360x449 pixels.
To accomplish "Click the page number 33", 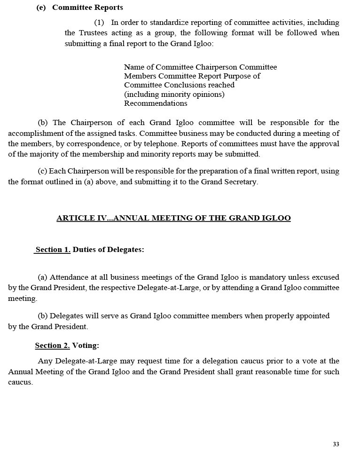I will click(336, 444).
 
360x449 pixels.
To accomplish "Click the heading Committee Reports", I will click(87, 8).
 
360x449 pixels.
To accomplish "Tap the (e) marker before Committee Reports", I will click(41, 8).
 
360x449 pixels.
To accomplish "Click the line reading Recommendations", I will click(156, 103).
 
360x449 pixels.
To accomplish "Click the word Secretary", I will click(238, 182).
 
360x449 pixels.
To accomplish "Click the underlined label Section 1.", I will click(53, 250).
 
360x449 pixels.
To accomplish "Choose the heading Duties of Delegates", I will click(108, 250).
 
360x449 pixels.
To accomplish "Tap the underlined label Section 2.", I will click(52, 346).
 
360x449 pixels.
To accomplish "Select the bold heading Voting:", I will click(86, 346).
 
